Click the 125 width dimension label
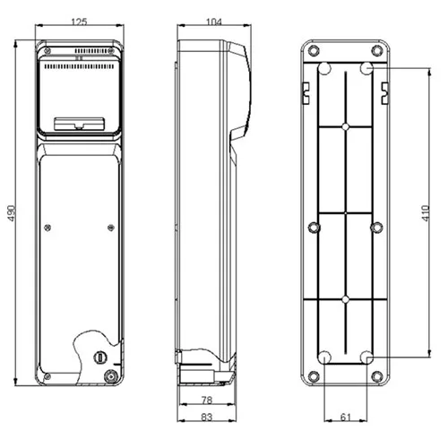pos(79,22)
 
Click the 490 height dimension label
pos(12,213)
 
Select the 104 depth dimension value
pos(214,22)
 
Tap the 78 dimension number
pos(207,400)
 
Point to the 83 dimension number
pos(207,417)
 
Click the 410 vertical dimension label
pos(426,213)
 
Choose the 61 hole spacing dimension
pos(346,417)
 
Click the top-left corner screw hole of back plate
pos(314,50)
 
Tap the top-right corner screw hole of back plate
pos(377,50)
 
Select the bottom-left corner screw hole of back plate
pos(314,376)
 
